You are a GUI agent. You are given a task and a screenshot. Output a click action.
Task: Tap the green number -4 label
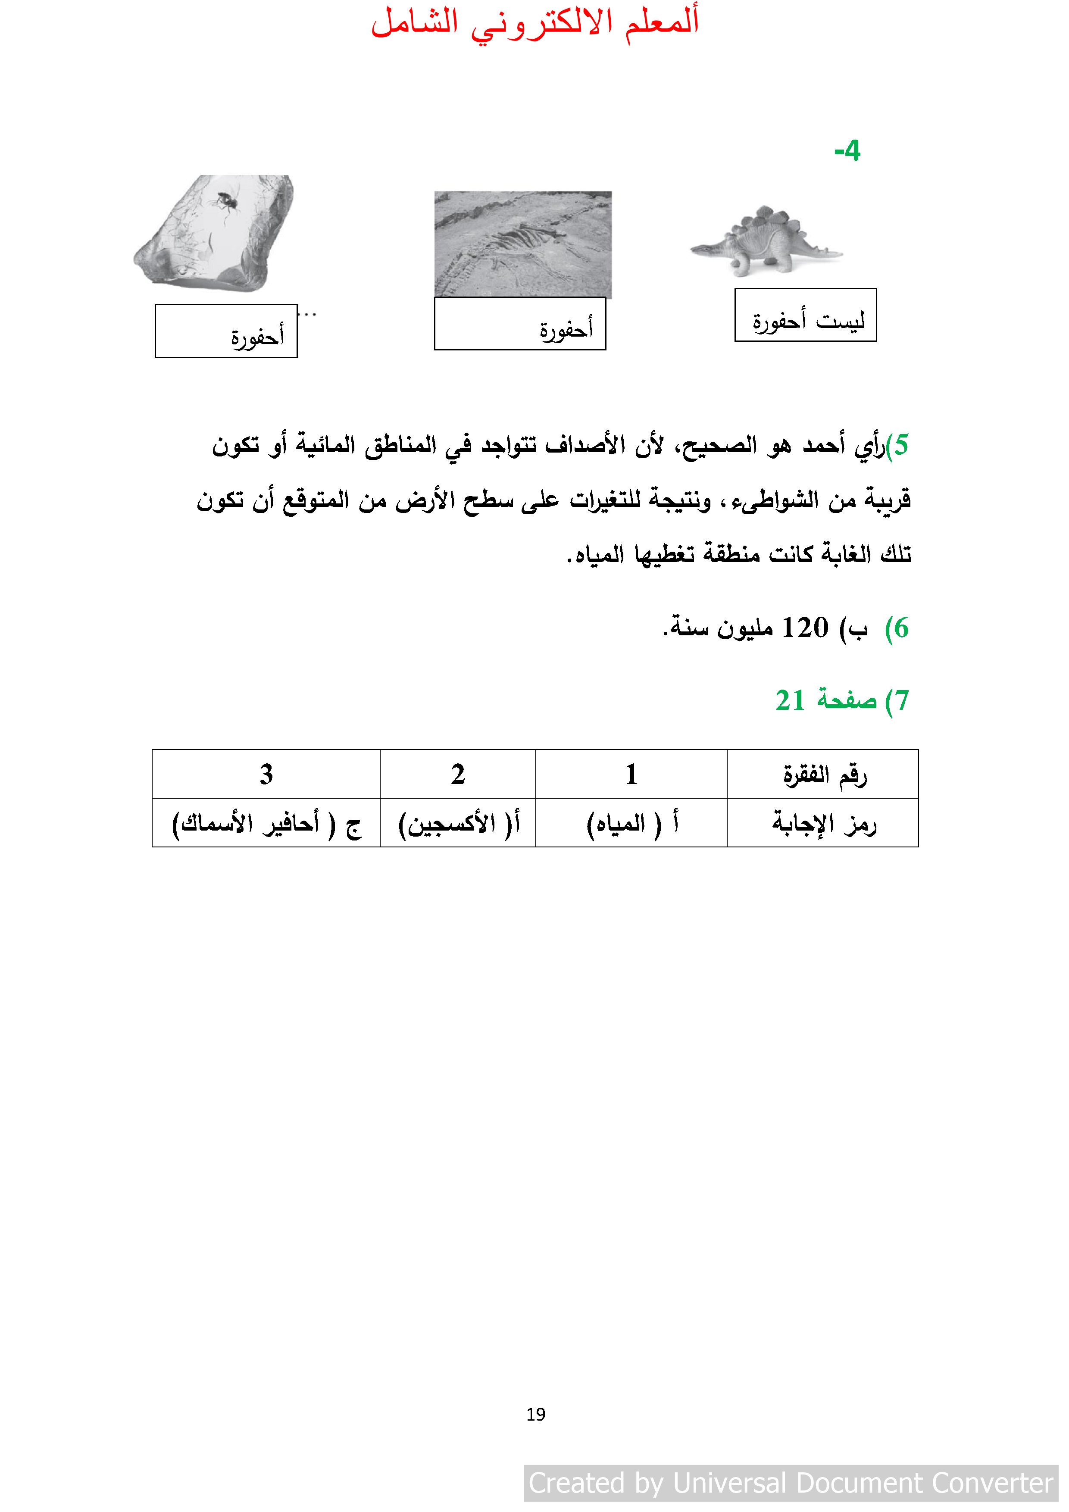[x=847, y=151]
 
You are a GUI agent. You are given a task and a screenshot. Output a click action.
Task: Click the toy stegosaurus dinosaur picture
[x=766, y=241]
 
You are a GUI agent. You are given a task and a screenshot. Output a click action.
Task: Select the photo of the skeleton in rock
[x=523, y=244]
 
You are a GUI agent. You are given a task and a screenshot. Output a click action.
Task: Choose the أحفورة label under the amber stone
[x=226, y=331]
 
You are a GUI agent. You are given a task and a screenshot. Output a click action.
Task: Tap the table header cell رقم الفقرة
[x=823, y=775]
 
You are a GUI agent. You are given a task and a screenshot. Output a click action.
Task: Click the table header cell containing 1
[x=631, y=775]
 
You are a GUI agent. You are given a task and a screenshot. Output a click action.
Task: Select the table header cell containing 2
[x=458, y=775]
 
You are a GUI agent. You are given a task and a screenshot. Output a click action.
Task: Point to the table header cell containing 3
[x=266, y=775]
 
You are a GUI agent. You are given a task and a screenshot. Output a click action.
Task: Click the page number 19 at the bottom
[x=535, y=1414]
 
